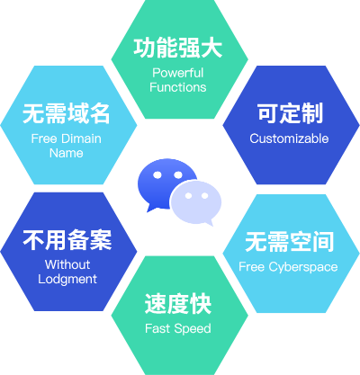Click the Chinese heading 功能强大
177,48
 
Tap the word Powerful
178,73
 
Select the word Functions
178,87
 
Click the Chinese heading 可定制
290,113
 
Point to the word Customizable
289,138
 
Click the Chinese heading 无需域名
67,113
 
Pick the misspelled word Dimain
82,138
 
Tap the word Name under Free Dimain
67,153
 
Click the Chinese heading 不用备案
67,240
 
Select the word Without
67,264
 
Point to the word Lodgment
67,279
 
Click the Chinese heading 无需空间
289,242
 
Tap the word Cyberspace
303,267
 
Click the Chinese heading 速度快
178,304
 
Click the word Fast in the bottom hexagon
157,328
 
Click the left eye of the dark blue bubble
157,175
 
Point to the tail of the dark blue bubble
149,209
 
